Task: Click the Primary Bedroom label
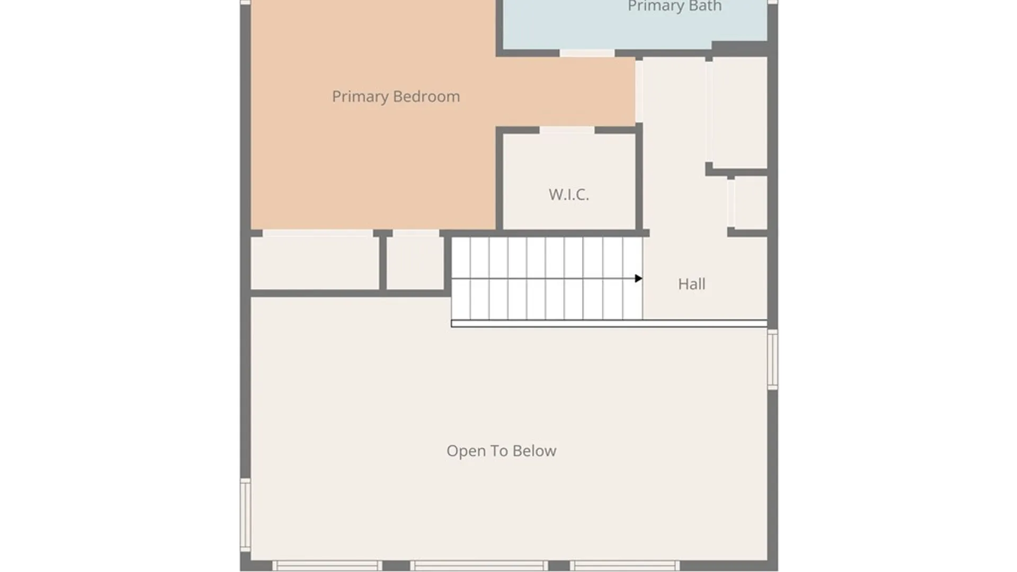[396, 96]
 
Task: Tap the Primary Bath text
[674, 6]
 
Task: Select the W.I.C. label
[568, 194]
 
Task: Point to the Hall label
[691, 284]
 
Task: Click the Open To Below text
[501, 451]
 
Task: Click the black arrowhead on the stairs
[638, 279]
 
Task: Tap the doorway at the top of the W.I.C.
[567, 130]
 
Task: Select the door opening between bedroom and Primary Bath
[587, 53]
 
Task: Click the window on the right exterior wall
[772, 360]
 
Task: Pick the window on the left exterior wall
[245, 514]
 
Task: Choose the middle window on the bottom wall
[479, 566]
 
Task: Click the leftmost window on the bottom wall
[327, 566]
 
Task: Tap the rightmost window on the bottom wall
[625, 566]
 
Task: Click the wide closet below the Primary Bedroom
[315, 263]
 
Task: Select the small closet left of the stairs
[415, 263]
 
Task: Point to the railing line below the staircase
[609, 324]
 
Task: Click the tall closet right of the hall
[739, 112]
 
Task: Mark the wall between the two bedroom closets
[382, 263]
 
